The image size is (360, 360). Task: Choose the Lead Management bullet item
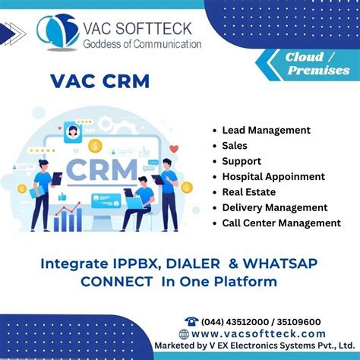point(266,131)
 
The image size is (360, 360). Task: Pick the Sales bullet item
point(235,146)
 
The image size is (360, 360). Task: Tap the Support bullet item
point(242,161)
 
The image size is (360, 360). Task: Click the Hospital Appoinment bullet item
point(273,176)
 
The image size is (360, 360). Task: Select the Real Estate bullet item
point(248,192)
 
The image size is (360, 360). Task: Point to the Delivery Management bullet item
point(275,207)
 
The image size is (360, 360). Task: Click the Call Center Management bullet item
point(281,223)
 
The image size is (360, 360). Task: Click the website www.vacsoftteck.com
point(258,334)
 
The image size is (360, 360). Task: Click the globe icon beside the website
point(184,334)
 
